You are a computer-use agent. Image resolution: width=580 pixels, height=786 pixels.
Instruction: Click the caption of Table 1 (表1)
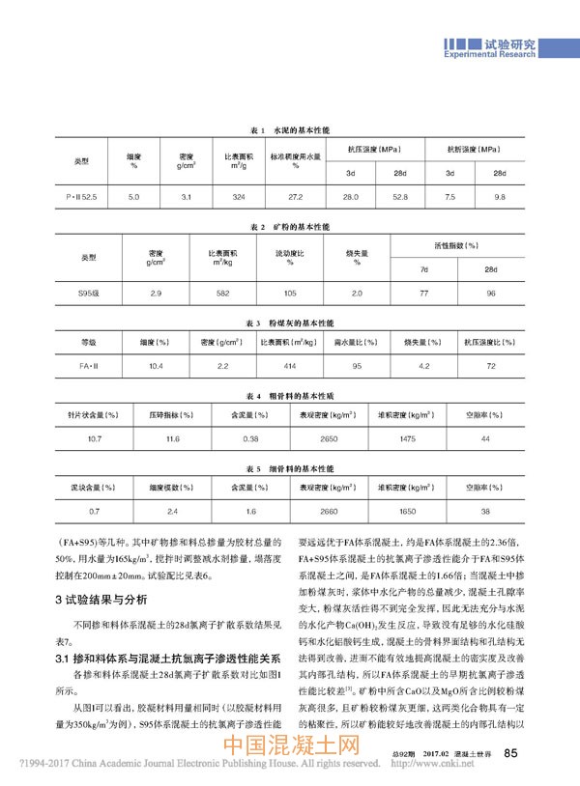click(290, 128)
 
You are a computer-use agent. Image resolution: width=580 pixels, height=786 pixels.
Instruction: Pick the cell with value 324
click(239, 196)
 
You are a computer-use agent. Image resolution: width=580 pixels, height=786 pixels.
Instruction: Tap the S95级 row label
click(89, 291)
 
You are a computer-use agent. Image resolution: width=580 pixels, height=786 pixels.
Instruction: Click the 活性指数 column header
click(457, 246)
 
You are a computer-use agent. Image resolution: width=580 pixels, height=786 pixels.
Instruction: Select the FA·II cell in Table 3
click(89, 366)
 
